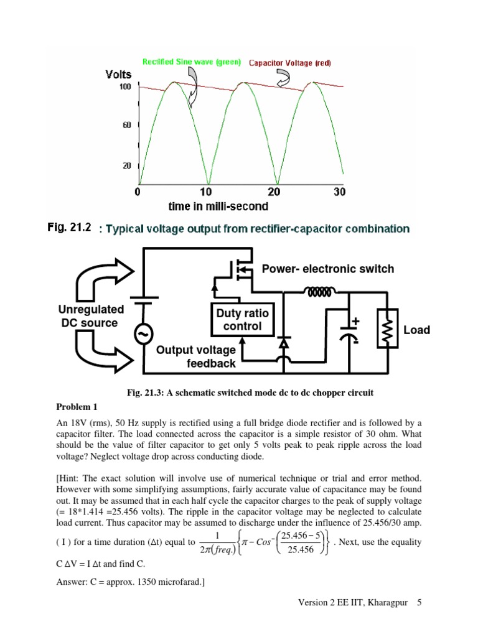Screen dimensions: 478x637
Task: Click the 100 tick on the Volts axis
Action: pos(124,87)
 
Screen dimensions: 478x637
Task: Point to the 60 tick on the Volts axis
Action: pos(126,126)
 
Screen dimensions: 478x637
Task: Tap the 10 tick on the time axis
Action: pos(207,192)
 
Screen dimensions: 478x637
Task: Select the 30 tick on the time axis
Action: pos(339,192)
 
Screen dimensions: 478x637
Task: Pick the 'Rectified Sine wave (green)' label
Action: pos(192,62)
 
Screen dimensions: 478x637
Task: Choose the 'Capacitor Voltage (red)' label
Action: pos(291,63)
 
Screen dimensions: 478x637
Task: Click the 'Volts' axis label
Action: pos(118,75)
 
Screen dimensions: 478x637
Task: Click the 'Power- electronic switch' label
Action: pos(328,269)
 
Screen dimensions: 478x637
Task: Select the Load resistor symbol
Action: pos(385,328)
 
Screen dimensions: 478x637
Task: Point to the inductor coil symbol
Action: pos(319,291)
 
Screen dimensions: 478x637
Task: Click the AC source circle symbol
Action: pos(144,335)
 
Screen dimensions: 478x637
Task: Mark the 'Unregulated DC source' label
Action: pos(91,316)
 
